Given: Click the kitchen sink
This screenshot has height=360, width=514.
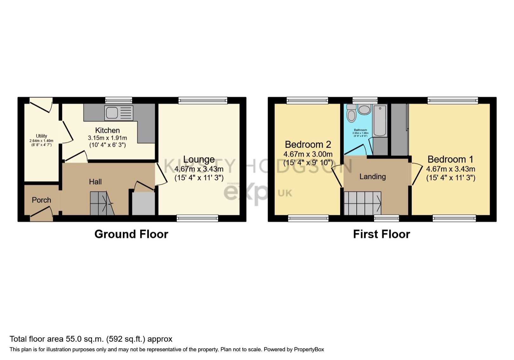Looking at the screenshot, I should pos(112,113).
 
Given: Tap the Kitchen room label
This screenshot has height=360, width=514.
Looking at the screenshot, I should pos(107,130).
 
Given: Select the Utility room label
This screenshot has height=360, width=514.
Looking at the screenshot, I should pos(41,136).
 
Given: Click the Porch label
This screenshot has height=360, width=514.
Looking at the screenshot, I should pos(41,200).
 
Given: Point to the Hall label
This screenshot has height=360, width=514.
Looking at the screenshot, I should pos(95,182).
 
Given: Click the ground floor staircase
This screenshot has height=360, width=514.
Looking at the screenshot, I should pos(101,203).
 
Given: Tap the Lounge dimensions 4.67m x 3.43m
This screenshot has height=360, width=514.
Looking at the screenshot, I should pos(199,169).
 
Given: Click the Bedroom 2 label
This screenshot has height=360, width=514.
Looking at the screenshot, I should pos(308,144).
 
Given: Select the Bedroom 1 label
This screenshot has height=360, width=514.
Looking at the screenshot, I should pos(450,159).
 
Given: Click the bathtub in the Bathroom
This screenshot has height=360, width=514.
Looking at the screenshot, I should pos(380,121).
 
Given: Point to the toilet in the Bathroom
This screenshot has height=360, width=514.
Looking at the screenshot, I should pos(351,114).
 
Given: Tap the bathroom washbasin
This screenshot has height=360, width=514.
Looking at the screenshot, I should pos(364,110).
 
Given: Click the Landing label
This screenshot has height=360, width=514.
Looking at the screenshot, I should pos(372,177).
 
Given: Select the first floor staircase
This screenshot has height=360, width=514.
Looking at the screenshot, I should pos(362,203).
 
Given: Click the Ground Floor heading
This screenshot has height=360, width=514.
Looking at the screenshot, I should pos(131,234).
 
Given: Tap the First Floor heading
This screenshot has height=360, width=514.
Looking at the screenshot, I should pos(381,234).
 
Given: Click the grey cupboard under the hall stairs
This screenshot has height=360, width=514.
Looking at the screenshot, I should pos(143,203).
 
